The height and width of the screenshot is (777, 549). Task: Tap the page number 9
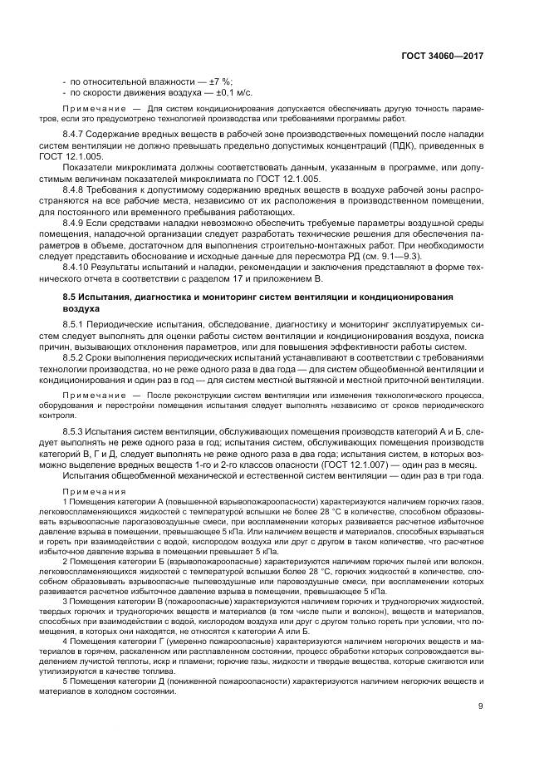(481, 683)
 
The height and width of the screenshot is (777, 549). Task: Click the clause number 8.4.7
(76, 135)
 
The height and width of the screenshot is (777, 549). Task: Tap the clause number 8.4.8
(76, 189)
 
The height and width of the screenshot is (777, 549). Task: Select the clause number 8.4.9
(76, 223)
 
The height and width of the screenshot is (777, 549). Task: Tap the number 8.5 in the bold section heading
(70, 297)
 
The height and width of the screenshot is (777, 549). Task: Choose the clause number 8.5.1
(76, 322)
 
